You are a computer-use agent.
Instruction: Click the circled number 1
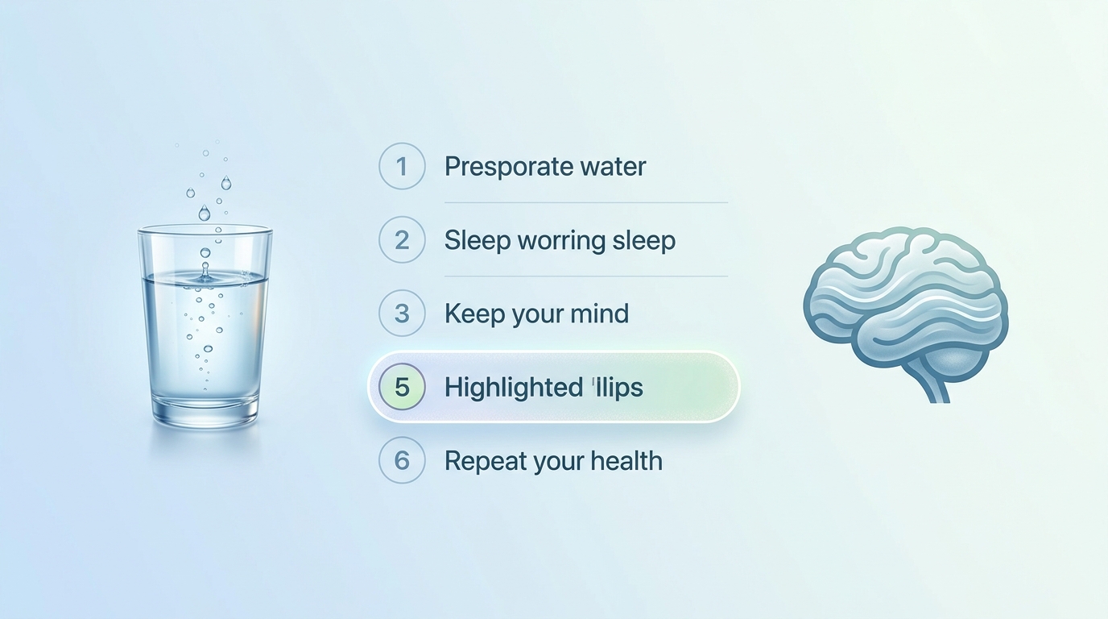pyautogui.click(x=402, y=166)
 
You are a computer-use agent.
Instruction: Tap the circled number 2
pyautogui.click(x=402, y=239)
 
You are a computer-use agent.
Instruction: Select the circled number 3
pyautogui.click(x=402, y=313)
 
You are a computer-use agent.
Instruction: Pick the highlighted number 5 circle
pyautogui.click(x=402, y=386)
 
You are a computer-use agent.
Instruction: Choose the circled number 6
pyautogui.click(x=402, y=460)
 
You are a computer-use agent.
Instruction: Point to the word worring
pyautogui.click(x=561, y=242)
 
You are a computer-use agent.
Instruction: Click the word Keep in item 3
pyautogui.click(x=474, y=314)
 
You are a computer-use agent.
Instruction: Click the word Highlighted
pyautogui.click(x=513, y=388)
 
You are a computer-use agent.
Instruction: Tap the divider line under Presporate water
pyautogui.click(x=586, y=202)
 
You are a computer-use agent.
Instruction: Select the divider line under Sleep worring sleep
pyautogui.click(x=586, y=276)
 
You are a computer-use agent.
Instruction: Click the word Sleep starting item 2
pyautogui.click(x=478, y=241)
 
